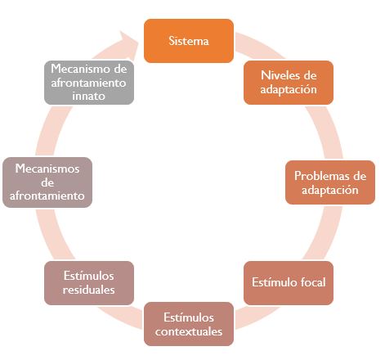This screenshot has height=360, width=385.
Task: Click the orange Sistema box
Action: coord(189,41)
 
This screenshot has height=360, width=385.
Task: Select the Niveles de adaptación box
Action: coord(289,83)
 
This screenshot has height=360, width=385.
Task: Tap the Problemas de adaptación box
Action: coord(330,182)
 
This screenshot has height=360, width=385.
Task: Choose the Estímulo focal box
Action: coord(289,283)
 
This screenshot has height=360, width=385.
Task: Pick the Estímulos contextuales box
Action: coord(189,324)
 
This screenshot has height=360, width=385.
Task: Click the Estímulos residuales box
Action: coord(89,283)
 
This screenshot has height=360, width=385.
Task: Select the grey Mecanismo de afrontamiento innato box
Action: coord(89,83)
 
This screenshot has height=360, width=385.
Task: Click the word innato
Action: coord(88,96)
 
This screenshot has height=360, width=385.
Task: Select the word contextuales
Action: coord(189,331)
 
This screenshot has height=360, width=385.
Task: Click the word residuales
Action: coord(88,290)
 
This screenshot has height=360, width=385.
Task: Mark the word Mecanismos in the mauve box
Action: coord(47,169)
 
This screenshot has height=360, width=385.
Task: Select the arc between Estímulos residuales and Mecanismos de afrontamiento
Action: coord(52,235)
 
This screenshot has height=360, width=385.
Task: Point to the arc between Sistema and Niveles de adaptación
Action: coord(259,45)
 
